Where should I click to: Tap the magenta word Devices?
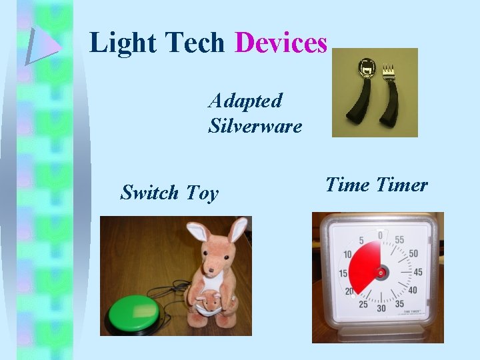[281, 43]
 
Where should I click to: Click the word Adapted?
[245, 101]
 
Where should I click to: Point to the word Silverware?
[255, 125]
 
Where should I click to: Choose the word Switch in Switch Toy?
[149, 193]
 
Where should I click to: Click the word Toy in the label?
[202, 193]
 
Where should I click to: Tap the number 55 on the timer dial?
[399, 239]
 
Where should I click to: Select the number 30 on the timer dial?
[381, 308]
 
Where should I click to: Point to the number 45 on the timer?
[418, 271]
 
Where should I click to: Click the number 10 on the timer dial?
[347, 254]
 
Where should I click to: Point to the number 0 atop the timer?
[380, 235]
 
